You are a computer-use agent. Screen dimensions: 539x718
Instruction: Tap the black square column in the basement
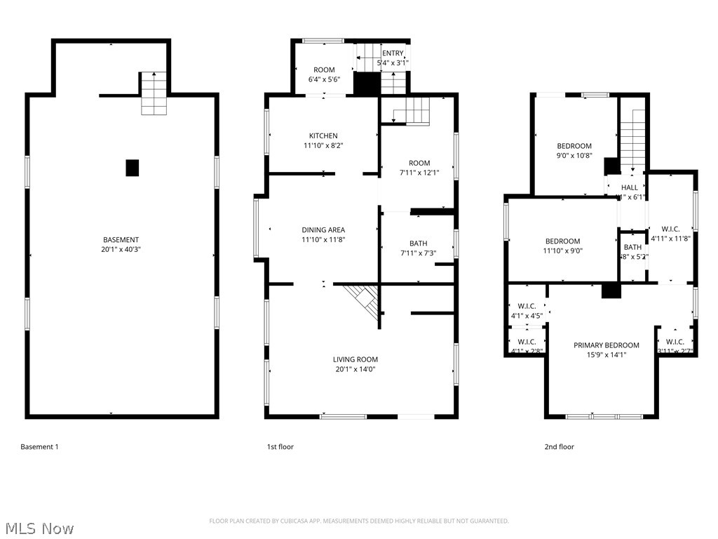click(133, 168)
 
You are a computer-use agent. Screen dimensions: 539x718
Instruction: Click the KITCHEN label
click(323, 135)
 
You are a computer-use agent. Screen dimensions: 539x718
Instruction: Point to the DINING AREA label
click(323, 229)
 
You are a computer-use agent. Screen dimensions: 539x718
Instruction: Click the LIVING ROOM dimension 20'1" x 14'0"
click(355, 369)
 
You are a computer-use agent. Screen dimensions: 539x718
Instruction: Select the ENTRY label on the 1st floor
click(393, 53)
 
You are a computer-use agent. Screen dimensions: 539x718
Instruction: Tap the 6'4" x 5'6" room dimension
click(324, 80)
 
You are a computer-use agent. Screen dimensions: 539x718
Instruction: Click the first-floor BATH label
click(418, 244)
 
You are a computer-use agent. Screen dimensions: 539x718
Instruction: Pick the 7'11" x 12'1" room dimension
click(419, 173)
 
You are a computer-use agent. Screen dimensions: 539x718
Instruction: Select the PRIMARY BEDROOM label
click(606, 345)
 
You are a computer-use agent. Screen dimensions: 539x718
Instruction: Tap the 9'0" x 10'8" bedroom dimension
click(574, 156)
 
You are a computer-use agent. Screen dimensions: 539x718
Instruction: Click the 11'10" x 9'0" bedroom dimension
click(563, 251)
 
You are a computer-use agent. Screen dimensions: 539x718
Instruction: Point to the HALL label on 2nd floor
click(630, 187)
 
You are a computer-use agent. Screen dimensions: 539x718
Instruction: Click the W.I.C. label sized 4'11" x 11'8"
click(670, 229)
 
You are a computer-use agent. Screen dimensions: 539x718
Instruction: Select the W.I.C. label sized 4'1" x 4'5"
click(527, 305)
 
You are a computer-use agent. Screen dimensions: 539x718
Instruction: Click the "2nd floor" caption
click(559, 446)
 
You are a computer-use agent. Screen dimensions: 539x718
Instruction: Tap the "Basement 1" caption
click(39, 446)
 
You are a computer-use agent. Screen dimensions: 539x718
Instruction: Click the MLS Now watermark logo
click(39, 528)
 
